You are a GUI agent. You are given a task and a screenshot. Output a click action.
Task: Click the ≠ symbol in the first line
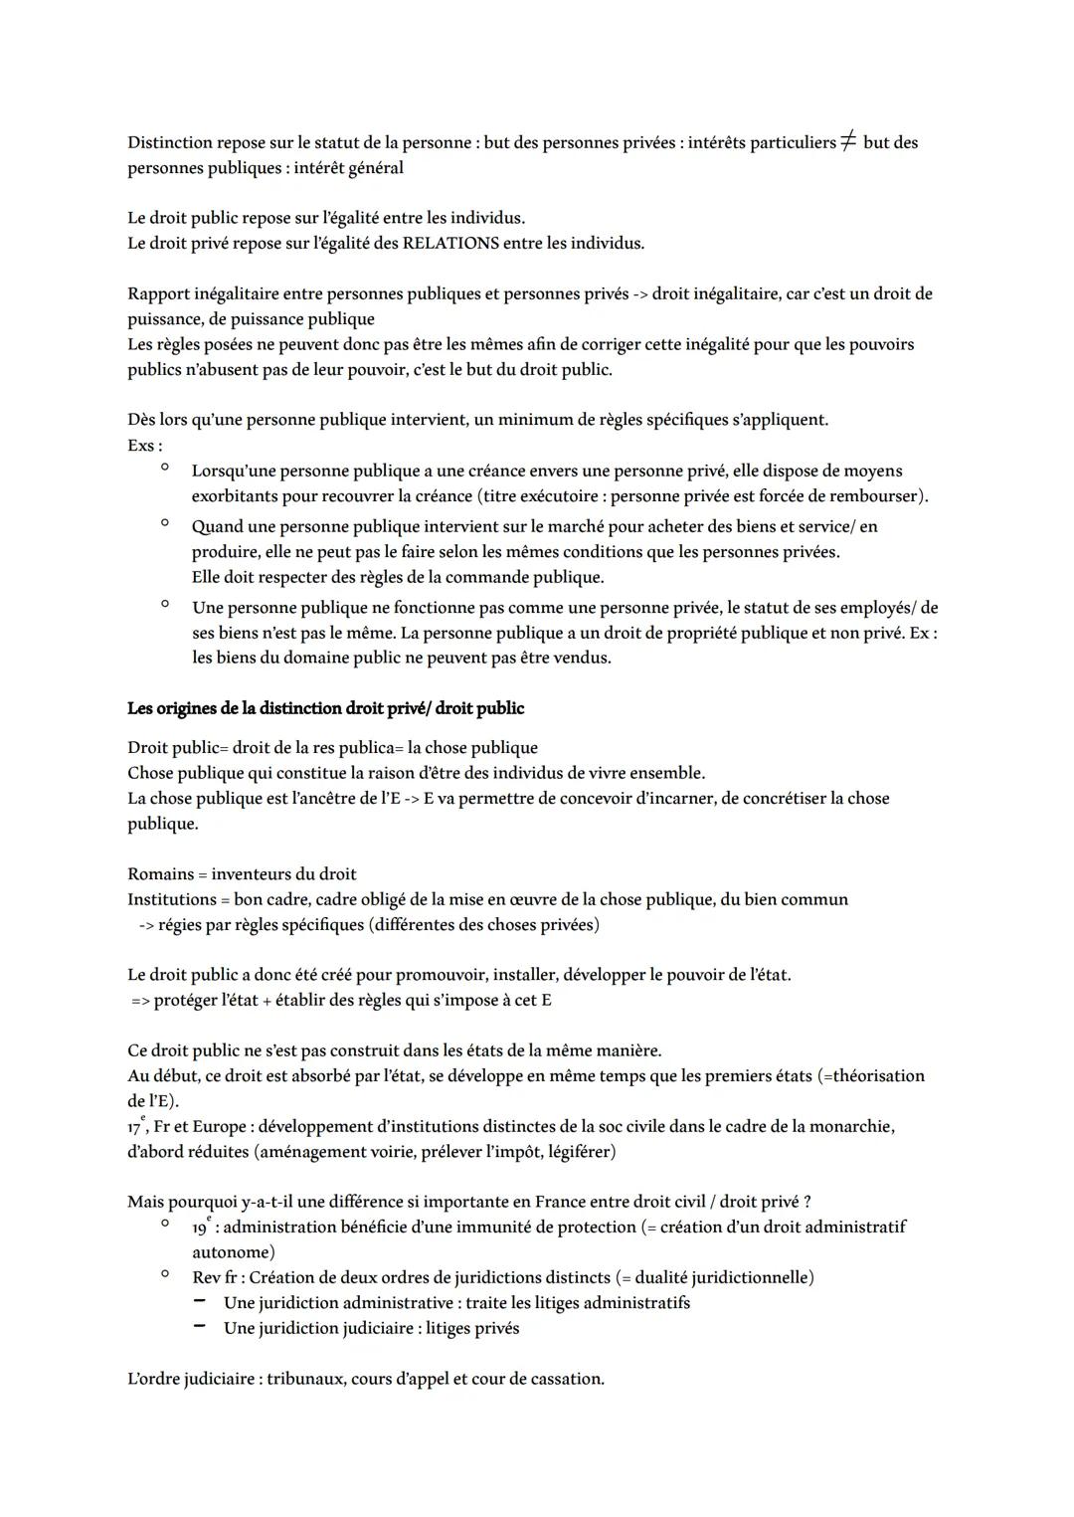pos(848,142)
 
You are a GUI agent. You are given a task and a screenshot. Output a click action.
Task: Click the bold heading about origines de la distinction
pos(325,708)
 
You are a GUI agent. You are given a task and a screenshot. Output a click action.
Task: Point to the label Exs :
pos(145,446)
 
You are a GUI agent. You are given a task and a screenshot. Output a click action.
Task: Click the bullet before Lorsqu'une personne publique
pos(164,468)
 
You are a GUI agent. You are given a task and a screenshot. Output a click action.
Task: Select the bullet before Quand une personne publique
pos(164,523)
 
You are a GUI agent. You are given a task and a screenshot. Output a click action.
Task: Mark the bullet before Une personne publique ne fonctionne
pos(164,604)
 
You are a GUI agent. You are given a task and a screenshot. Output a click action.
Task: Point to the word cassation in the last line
pos(566,1379)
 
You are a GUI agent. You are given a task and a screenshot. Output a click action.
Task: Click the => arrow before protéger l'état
pos(140,1001)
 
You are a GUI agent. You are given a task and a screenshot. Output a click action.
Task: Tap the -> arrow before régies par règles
pos(146,925)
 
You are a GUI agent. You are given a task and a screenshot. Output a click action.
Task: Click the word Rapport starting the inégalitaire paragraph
pos(159,293)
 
